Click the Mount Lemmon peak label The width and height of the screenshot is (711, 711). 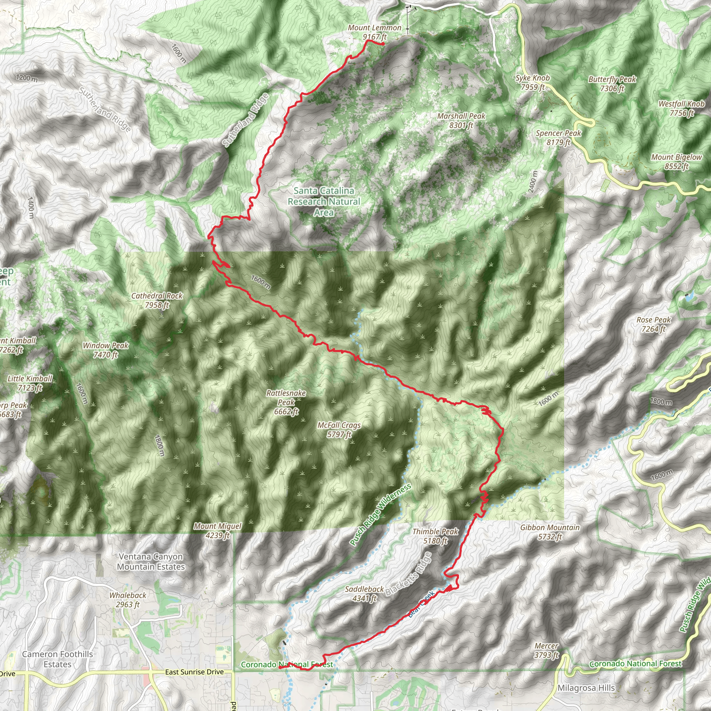click(375, 32)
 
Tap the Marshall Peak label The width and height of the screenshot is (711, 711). click(461, 121)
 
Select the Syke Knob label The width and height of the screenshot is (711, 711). click(532, 82)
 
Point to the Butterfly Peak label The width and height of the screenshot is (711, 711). click(612, 84)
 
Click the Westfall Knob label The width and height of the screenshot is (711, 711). click(681, 109)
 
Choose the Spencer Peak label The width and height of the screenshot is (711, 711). click(558, 137)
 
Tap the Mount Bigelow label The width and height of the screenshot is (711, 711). click(676, 161)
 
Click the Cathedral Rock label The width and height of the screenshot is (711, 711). click(157, 300)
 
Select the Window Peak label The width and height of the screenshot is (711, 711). click(105, 350)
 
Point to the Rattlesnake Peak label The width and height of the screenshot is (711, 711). click(286, 402)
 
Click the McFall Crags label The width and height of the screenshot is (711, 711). click(339, 430)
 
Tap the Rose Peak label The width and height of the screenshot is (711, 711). click(654, 324)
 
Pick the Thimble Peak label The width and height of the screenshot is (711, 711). click(435, 536)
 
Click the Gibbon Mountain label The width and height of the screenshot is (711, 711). click(550, 532)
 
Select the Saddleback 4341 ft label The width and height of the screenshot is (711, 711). click(364, 594)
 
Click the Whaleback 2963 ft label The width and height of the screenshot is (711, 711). click(128, 600)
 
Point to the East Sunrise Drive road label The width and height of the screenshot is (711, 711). click(194, 672)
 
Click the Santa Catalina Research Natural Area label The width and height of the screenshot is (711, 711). click(324, 201)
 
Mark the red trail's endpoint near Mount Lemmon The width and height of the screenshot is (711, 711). click(383, 44)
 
